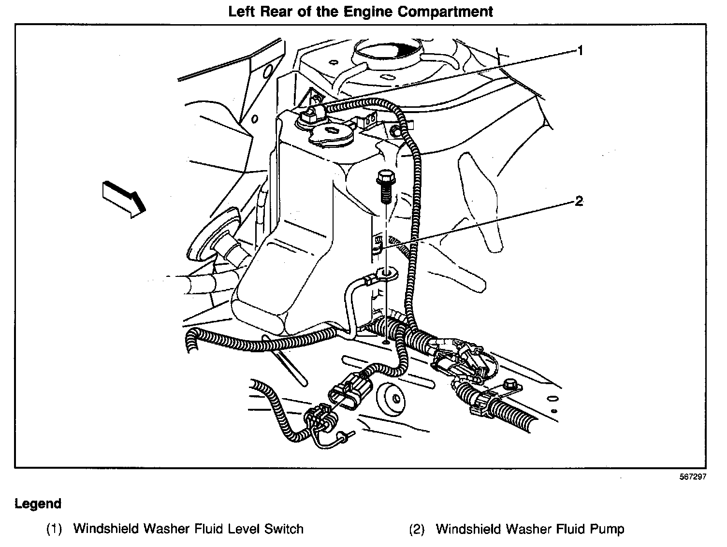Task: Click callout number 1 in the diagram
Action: tap(580, 50)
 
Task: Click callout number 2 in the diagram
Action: tap(579, 201)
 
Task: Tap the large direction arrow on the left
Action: tap(124, 199)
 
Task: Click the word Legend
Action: tap(38, 504)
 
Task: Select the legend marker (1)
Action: tap(54, 530)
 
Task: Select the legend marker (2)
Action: tap(417, 530)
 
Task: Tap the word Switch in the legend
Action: tap(284, 529)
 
